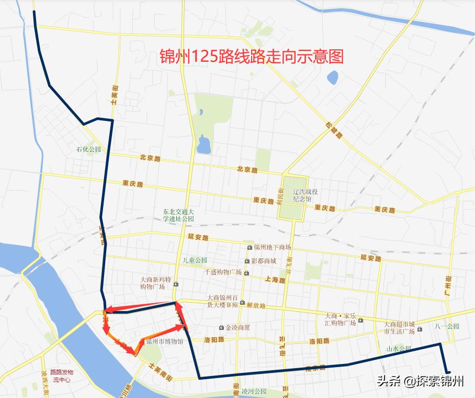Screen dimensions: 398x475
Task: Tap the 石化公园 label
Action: [x=88, y=149]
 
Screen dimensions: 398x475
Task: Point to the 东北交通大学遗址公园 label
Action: [x=178, y=215]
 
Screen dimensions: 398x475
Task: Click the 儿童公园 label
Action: [x=195, y=260]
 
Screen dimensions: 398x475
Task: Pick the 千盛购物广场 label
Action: [x=223, y=272]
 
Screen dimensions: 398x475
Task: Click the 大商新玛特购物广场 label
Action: [x=153, y=283]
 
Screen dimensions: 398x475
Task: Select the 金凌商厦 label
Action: [x=237, y=327]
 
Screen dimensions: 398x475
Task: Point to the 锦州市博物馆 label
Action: [x=164, y=341]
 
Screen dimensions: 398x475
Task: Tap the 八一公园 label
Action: [x=447, y=326]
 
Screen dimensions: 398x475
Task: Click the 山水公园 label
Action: [x=399, y=348]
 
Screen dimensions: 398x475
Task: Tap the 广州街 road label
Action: [x=448, y=285]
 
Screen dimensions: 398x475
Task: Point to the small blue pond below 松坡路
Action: [x=333, y=79]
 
